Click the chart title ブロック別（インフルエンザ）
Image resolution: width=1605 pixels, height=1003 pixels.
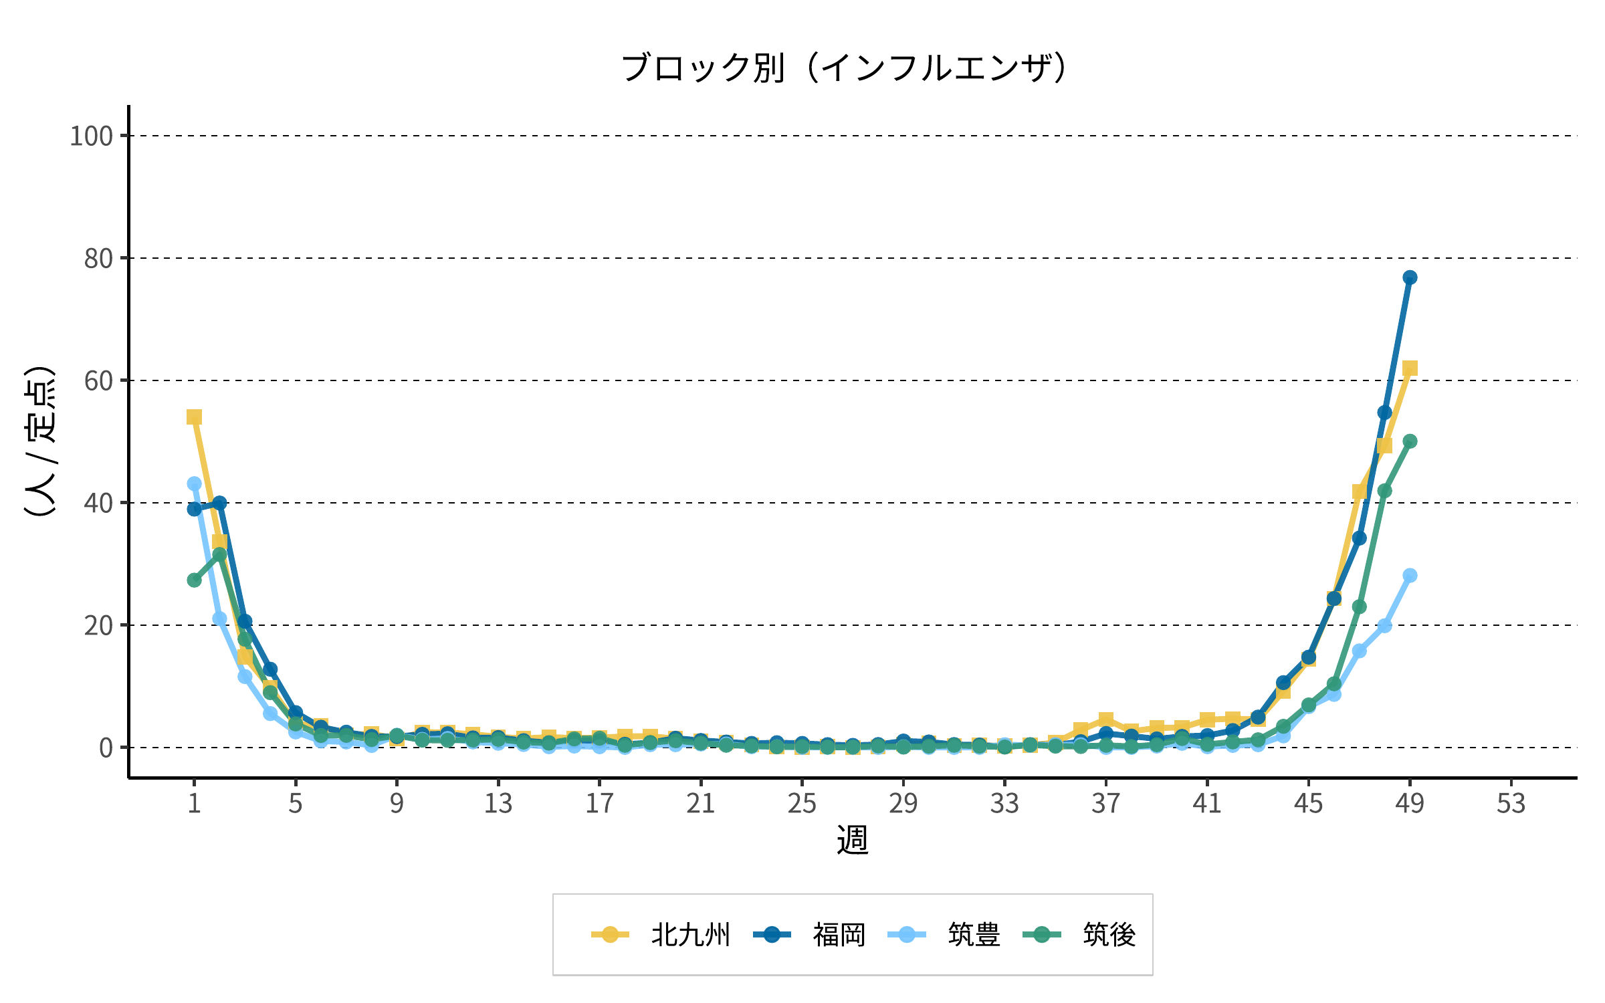point(844,68)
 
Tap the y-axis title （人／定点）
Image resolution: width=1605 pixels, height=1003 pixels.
point(39,441)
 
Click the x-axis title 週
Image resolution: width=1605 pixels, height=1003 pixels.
point(853,840)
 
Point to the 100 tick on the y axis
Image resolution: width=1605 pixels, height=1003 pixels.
point(91,136)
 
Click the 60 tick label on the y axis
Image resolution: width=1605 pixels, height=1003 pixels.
point(98,380)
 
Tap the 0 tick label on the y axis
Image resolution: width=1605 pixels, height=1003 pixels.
point(106,748)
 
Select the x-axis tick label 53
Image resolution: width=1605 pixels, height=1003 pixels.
point(1511,803)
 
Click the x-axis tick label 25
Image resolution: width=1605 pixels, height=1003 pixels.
point(802,803)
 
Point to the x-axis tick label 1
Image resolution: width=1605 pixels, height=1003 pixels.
point(194,803)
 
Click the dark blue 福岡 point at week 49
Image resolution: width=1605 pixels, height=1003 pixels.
point(1410,277)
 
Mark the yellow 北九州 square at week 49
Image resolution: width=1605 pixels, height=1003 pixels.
point(1410,368)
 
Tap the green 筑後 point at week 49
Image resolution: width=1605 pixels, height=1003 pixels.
point(1410,441)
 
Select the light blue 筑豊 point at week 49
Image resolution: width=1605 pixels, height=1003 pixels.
point(1410,576)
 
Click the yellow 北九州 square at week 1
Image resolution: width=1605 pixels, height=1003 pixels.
point(194,417)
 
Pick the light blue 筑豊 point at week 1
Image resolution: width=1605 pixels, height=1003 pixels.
point(194,483)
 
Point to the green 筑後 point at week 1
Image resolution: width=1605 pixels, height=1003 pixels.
point(194,580)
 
